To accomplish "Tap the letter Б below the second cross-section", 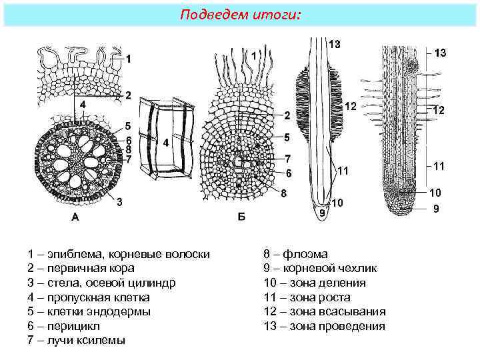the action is [x=241, y=217].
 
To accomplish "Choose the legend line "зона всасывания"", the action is [x=325, y=311].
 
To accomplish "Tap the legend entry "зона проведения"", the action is [x=325, y=326].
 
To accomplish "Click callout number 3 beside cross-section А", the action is [x=119, y=202].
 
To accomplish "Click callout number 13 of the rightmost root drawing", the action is [x=441, y=52].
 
